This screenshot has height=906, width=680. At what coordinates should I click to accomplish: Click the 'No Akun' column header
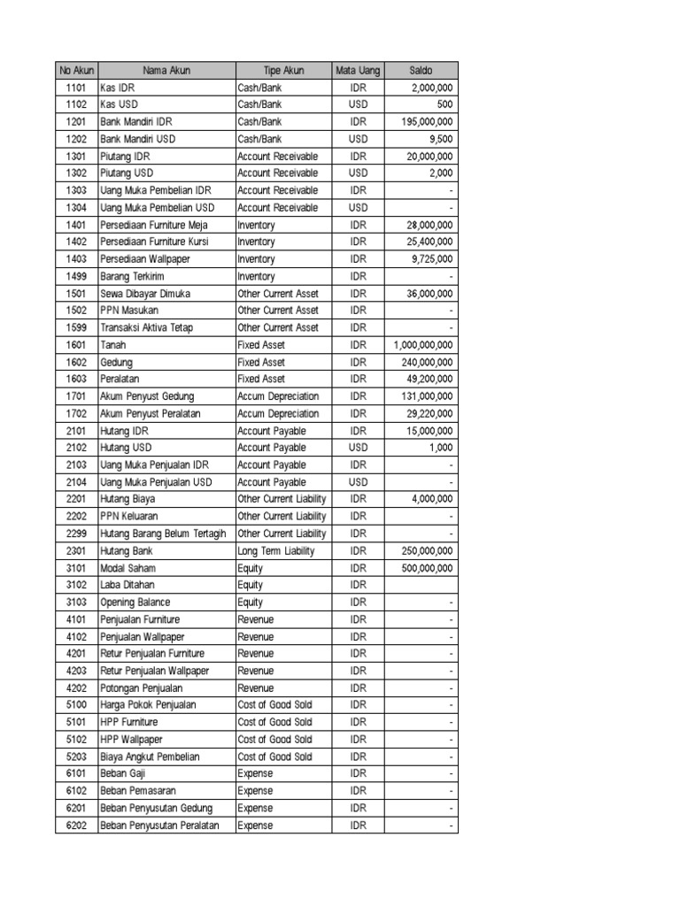(x=75, y=70)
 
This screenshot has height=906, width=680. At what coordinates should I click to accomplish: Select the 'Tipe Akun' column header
(x=283, y=70)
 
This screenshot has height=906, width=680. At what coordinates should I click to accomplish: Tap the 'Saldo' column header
(x=421, y=70)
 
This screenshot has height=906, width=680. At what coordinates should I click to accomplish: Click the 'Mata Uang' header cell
(x=358, y=70)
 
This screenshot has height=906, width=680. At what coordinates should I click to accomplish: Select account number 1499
(x=75, y=276)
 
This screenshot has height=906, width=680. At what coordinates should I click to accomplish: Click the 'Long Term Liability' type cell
(x=276, y=550)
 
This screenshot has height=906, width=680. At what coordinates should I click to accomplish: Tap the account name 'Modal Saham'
(x=128, y=568)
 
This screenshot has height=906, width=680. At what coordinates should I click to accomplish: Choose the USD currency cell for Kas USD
(x=358, y=104)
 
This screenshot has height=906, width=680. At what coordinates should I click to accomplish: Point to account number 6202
(x=75, y=825)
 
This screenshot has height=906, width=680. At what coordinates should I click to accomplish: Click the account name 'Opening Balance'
(x=135, y=602)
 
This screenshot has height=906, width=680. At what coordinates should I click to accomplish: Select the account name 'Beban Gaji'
(x=123, y=773)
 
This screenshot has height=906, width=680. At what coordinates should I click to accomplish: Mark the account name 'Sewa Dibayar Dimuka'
(x=145, y=293)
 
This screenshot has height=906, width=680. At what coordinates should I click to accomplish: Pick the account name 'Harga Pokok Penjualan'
(x=149, y=705)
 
